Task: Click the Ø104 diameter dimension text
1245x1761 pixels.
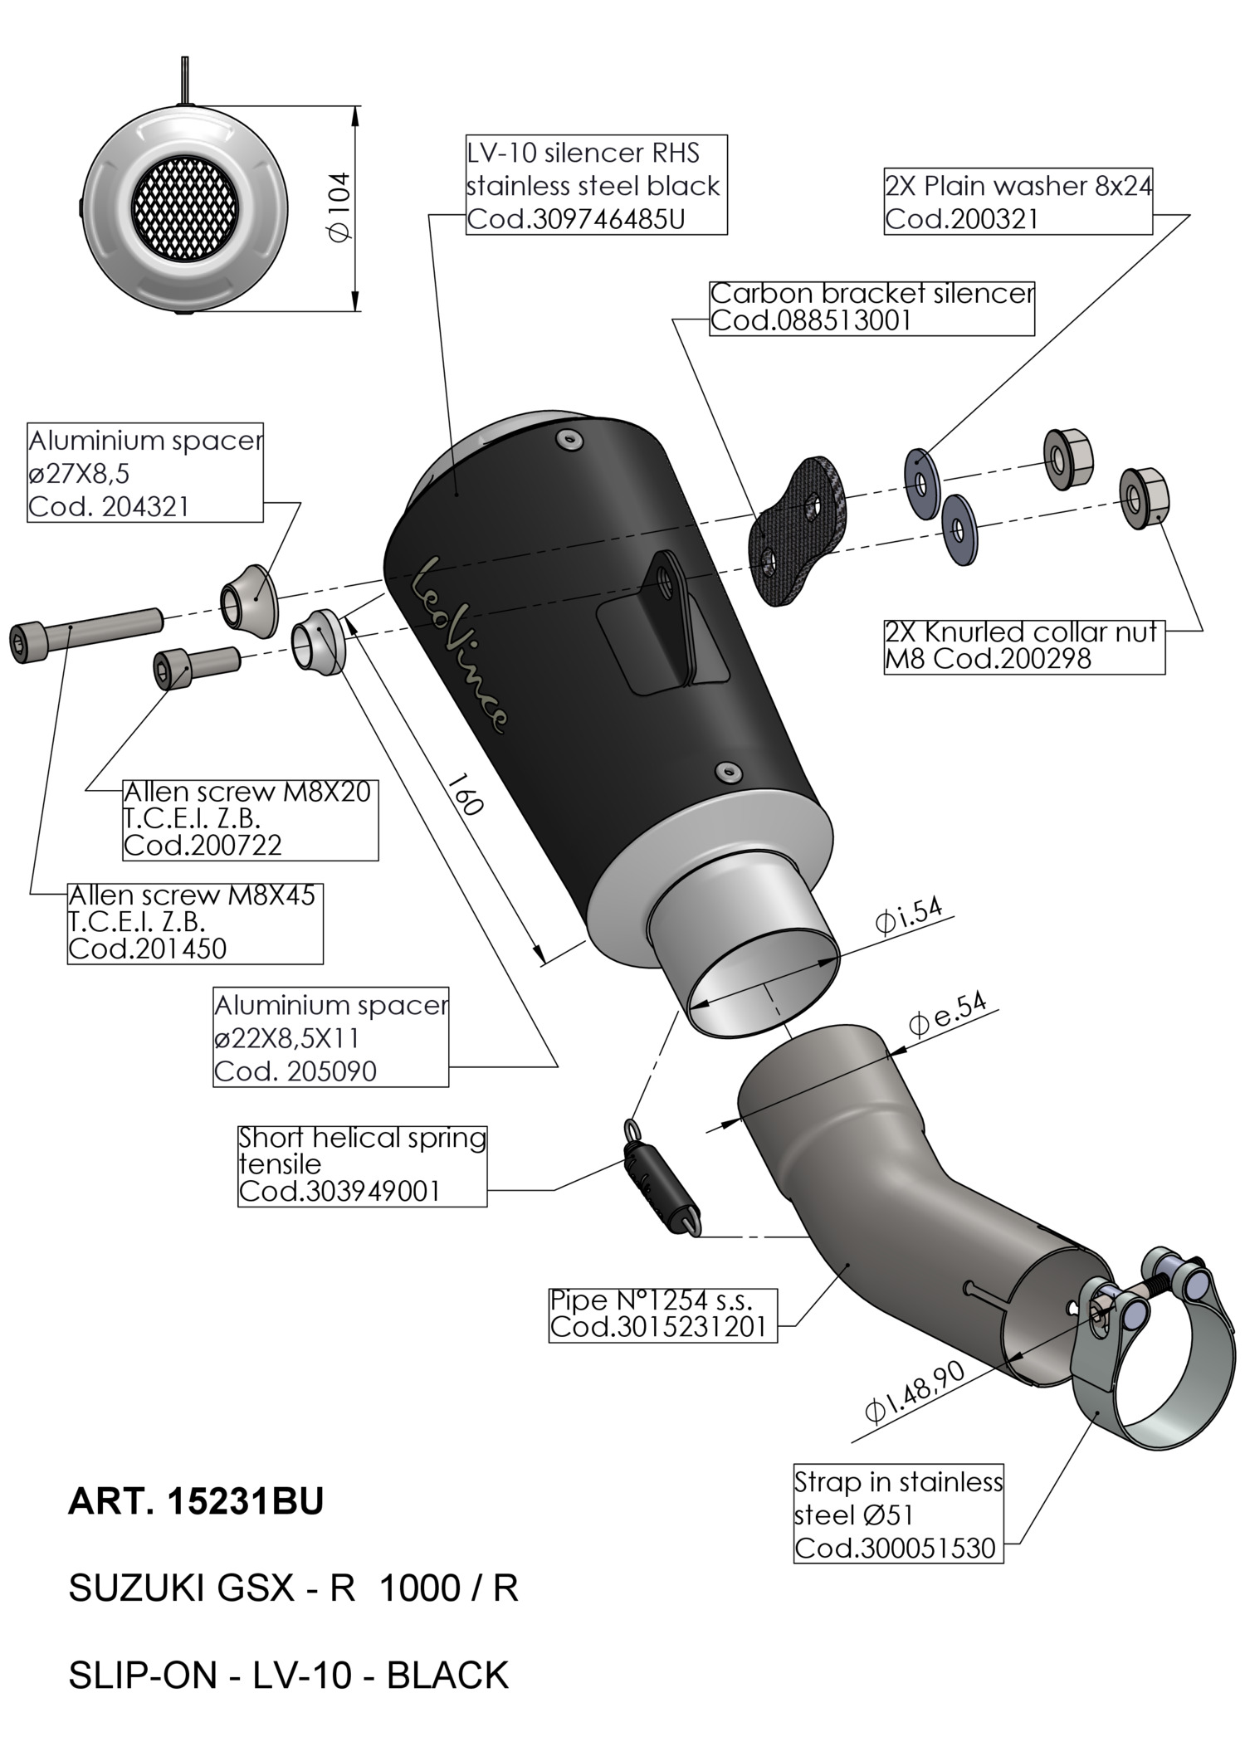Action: click(x=339, y=207)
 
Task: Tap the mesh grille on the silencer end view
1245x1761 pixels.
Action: click(x=186, y=207)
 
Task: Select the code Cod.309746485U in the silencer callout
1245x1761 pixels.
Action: click(x=576, y=220)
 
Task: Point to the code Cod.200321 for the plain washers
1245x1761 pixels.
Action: click(x=961, y=220)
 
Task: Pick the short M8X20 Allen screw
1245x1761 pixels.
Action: click(x=195, y=666)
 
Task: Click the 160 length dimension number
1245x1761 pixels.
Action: click(x=466, y=794)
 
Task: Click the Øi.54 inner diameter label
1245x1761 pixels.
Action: click(x=909, y=917)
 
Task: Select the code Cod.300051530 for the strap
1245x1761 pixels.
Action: click(x=895, y=1549)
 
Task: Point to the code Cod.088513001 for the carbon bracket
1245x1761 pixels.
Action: click(x=811, y=321)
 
